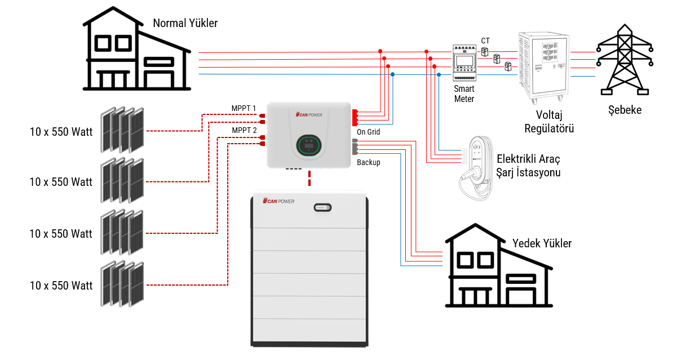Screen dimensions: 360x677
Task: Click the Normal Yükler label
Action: (x=185, y=23)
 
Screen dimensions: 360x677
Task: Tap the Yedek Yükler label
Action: (x=542, y=243)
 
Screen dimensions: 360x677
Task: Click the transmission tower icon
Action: (x=624, y=59)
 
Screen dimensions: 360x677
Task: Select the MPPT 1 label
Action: (x=244, y=108)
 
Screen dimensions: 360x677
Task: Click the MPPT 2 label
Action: (x=244, y=130)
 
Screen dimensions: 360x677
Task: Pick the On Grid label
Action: (x=368, y=132)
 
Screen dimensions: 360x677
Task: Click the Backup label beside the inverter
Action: (x=368, y=162)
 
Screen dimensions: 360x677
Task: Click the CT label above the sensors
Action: (x=485, y=41)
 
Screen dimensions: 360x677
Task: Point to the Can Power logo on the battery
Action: (x=278, y=201)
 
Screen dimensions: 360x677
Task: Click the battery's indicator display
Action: (x=322, y=208)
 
